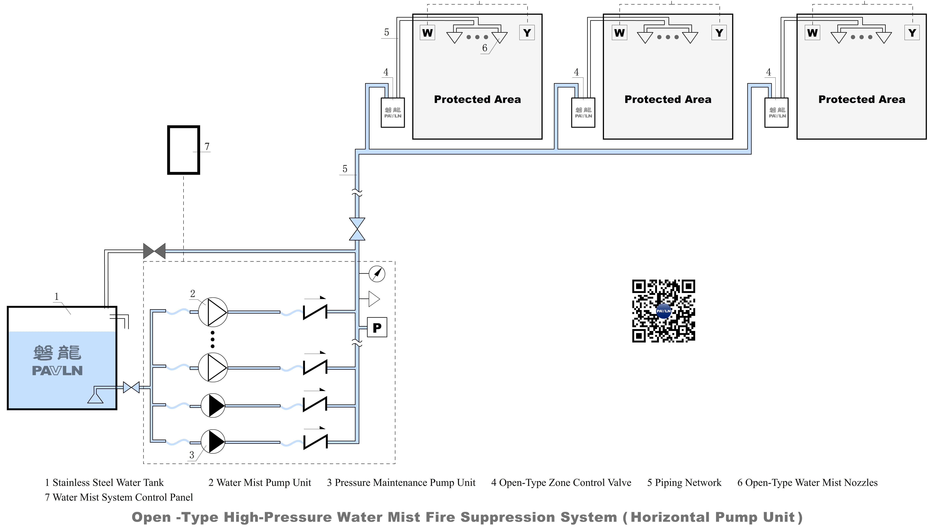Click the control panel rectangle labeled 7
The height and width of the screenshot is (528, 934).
click(184, 150)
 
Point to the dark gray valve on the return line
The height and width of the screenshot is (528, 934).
click(154, 251)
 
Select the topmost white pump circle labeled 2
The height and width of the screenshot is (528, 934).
click(213, 312)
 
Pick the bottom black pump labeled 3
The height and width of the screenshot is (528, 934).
click(213, 442)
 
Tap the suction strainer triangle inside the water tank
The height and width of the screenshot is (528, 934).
click(95, 398)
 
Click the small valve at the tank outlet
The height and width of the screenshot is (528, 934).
click(131, 387)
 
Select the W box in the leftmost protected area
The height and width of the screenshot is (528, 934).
click(427, 33)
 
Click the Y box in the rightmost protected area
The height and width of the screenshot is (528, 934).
click(912, 33)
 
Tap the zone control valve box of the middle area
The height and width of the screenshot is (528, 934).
click(583, 112)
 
